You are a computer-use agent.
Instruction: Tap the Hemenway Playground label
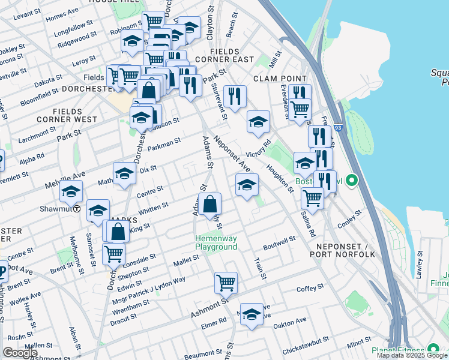pyautogui.click(x=216, y=242)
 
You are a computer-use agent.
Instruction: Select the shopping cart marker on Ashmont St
pyautogui.click(x=226, y=281)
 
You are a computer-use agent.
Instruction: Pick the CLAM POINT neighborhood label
pyautogui.click(x=280, y=79)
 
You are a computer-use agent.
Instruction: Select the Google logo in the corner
pyautogui.click(x=20, y=353)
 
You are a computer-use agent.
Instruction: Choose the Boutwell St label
pyautogui.click(x=280, y=244)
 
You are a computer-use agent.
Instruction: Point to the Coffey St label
pyautogui.click(x=310, y=289)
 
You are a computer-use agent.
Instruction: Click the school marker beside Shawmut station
pyautogui.click(x=71, y=192)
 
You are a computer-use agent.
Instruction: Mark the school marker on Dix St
pyautogui.click(x=124, y=173)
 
